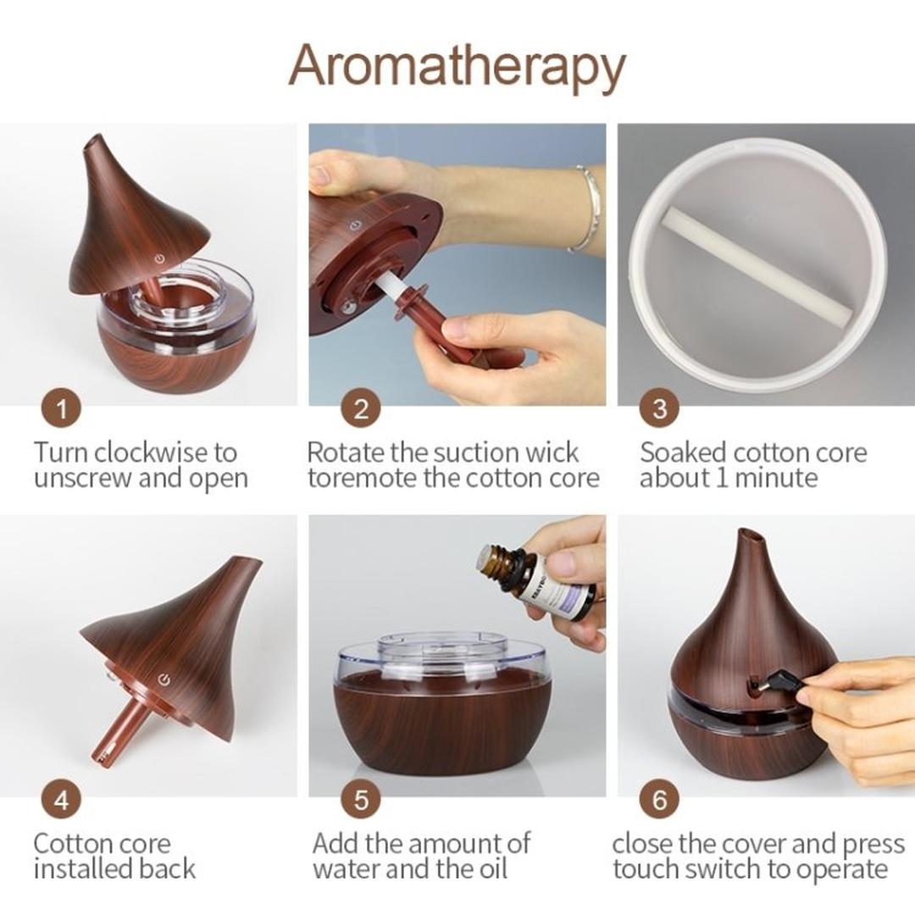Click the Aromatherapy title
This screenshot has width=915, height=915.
pos(457,66)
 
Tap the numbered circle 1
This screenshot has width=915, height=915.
pos(61,410)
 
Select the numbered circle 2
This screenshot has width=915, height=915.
pos(361,410)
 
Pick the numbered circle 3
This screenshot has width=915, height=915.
pos(660,410)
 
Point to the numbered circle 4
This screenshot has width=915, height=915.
pos(61,800)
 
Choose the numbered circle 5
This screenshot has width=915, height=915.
pos(361,800)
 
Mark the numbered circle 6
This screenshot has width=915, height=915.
pos(660,800)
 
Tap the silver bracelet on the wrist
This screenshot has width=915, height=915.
pos(587,208)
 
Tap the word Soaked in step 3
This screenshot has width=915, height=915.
pos(683,452)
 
